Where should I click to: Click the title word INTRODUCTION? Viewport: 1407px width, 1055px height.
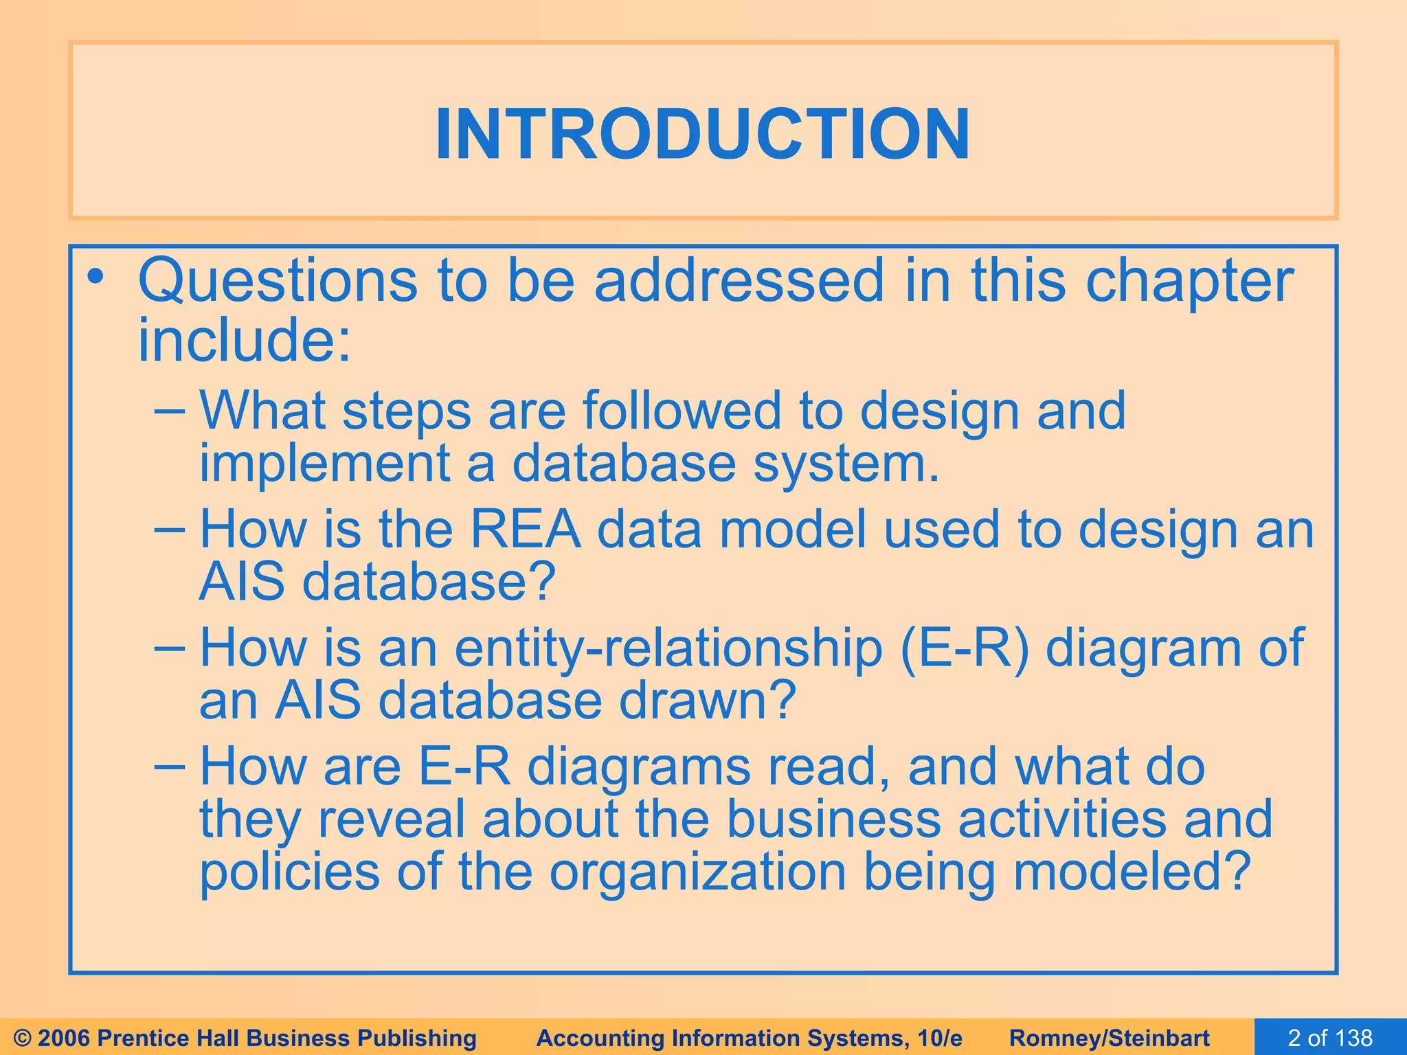point(703,135)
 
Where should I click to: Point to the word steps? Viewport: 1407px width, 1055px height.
point(407,411)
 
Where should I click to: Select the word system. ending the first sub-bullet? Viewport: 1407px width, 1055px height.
point(846,464)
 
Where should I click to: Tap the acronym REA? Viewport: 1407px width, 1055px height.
point(525,530)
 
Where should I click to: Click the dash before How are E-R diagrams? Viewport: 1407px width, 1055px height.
point(169,765)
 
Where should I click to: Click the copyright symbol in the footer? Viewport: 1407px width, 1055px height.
point(23,1038)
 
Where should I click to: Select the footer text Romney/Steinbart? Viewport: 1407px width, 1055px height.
point(1110,1038)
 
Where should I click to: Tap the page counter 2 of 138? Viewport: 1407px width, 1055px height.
point(1330,1038)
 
